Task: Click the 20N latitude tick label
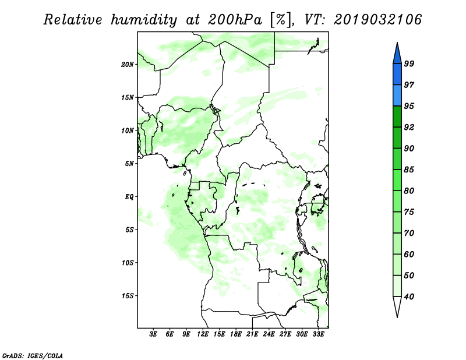click(x=128, y=65)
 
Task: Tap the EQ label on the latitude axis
click(x=129, y=197)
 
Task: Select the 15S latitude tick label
click(x=128, y=296)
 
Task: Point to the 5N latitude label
click(x=129, y=164)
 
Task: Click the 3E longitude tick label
click(x=153, y=334)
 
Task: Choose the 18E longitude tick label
click(x=236, y=334)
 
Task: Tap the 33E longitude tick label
click(x=318, y=334)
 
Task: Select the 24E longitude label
click(x=269, y=334)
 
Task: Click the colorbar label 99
click(x=409, y=63)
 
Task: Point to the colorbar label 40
click(x=409, y=297)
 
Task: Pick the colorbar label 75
click(x=409, y=212)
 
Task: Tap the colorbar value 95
click(x=409, y=106)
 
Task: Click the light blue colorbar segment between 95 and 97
click(x=397, y=96)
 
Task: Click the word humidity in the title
click(x=144, y=20)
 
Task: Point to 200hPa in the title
click(x=235, y=20)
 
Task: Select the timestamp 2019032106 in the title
click(x=377, y=20)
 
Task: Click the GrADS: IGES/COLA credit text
click(x=33, y=355)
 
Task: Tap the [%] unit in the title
click(x=281, y=20)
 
